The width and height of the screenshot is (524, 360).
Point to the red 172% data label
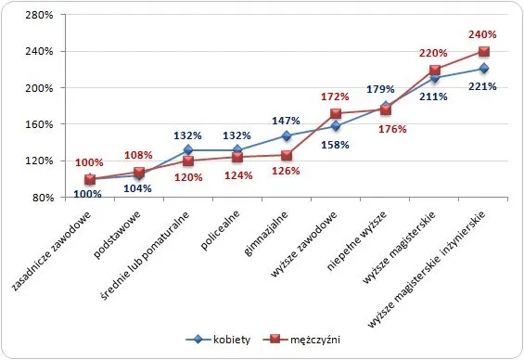click(335, 96)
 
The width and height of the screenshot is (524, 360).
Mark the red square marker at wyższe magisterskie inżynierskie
click(484, 52)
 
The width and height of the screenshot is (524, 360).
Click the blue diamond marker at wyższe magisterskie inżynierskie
click(484, 69)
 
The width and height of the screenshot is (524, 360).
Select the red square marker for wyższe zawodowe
click(336, 114)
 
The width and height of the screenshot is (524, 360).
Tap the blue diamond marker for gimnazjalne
click(287, 136)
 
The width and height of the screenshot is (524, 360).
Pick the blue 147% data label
click(286, 121)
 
